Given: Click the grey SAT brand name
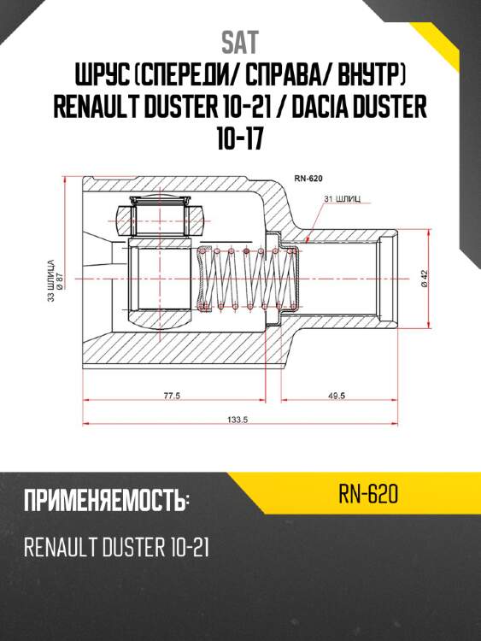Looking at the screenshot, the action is click(x=240, y=42).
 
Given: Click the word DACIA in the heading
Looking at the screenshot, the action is click(x=319, y=106).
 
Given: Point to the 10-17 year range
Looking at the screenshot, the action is click(x=239, y=138).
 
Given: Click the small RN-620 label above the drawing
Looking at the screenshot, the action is click(x=308, y=179).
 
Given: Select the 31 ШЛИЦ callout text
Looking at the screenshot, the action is click(x=343, y=199).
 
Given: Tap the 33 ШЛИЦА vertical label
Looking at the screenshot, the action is click(x=50, y=280).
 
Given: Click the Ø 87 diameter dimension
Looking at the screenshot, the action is click(x=59, y=282).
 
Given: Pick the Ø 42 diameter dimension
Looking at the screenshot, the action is click(x=424, y=279).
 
